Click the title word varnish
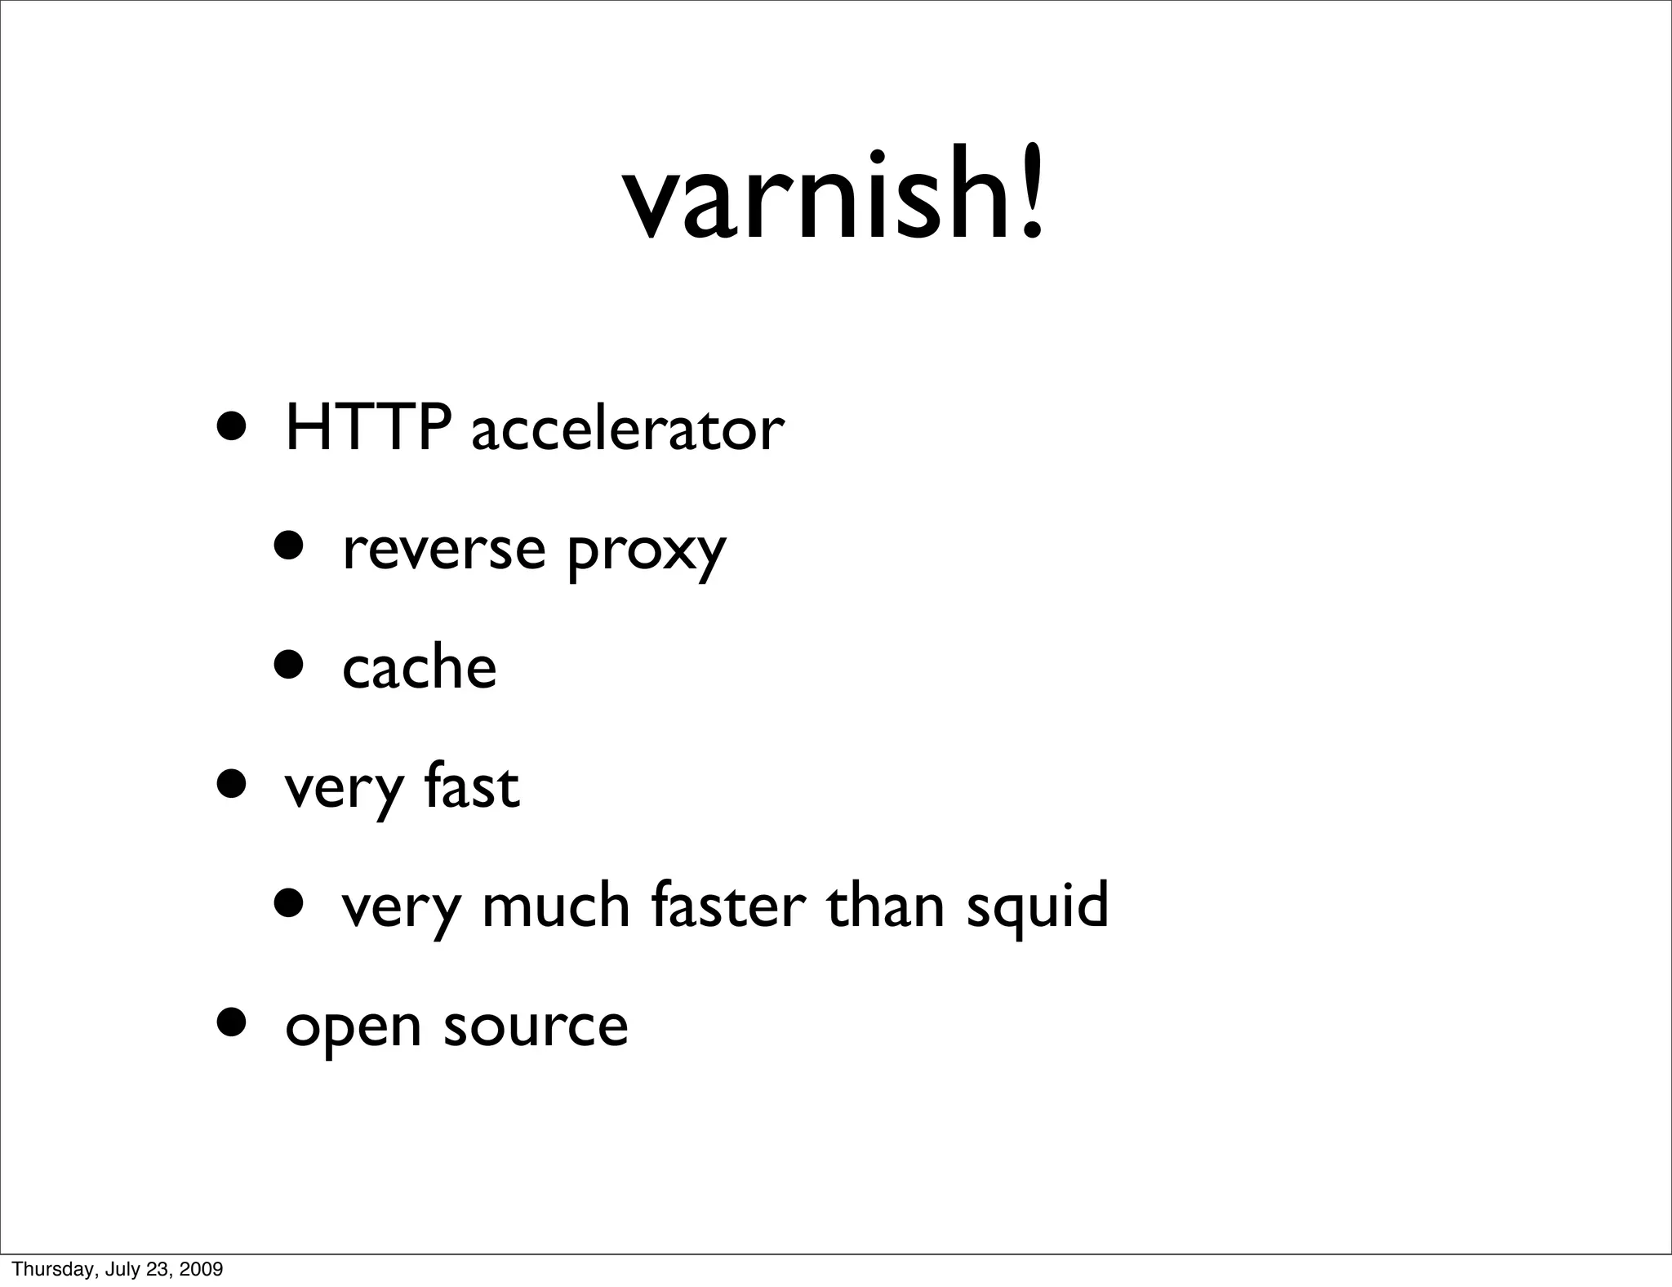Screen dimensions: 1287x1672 pos(816,196)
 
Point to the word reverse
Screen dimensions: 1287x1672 pos(443,549)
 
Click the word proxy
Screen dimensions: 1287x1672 pos(646,552)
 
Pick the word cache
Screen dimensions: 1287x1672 pos(419,666)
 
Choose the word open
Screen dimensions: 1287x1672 pos(353,1027)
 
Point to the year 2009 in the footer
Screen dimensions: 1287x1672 pos(202,1270)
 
